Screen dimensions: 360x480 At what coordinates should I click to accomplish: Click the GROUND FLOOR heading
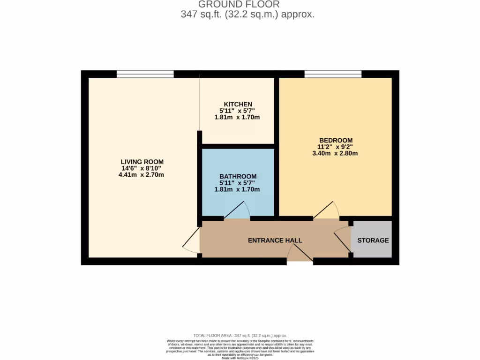click(x=239, y=4)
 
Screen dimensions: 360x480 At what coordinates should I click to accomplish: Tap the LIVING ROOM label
click(x=142, y=162)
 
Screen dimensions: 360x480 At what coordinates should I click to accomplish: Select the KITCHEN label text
click(x=238, y=104)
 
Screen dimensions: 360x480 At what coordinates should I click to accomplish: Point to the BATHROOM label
click(x=238, y=176)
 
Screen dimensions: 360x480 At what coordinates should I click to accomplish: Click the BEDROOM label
click(x=336, y=140)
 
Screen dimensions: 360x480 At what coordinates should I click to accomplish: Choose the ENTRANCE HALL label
click(x=275, y=240)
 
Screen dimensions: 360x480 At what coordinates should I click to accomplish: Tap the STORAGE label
click(x=373, y=240)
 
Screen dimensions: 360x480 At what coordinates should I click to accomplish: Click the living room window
click(x=145, y=74)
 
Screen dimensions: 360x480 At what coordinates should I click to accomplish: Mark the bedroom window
click(x=333, y=74)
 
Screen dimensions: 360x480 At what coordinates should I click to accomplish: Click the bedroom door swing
click(x=326, y=210)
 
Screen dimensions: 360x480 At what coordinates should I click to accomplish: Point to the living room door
click(x=191, y=244)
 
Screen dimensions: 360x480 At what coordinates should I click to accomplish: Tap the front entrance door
click(x=300, y=254)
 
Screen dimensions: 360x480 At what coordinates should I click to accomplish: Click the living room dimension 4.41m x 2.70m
click(x=141, y=175)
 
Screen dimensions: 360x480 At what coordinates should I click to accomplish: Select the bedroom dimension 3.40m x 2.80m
click(x=335, y=153)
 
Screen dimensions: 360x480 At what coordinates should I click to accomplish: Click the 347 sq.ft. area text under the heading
click(x=247, y=15)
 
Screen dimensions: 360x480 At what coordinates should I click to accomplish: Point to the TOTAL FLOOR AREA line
click(x=240, y=336)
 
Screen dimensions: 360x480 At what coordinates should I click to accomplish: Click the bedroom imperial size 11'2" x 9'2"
click(x=335, y=147)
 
